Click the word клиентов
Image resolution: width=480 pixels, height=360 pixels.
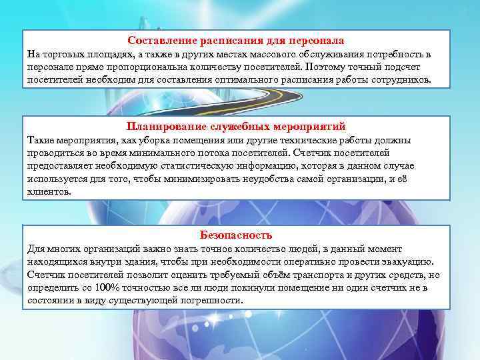(48, 191)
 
